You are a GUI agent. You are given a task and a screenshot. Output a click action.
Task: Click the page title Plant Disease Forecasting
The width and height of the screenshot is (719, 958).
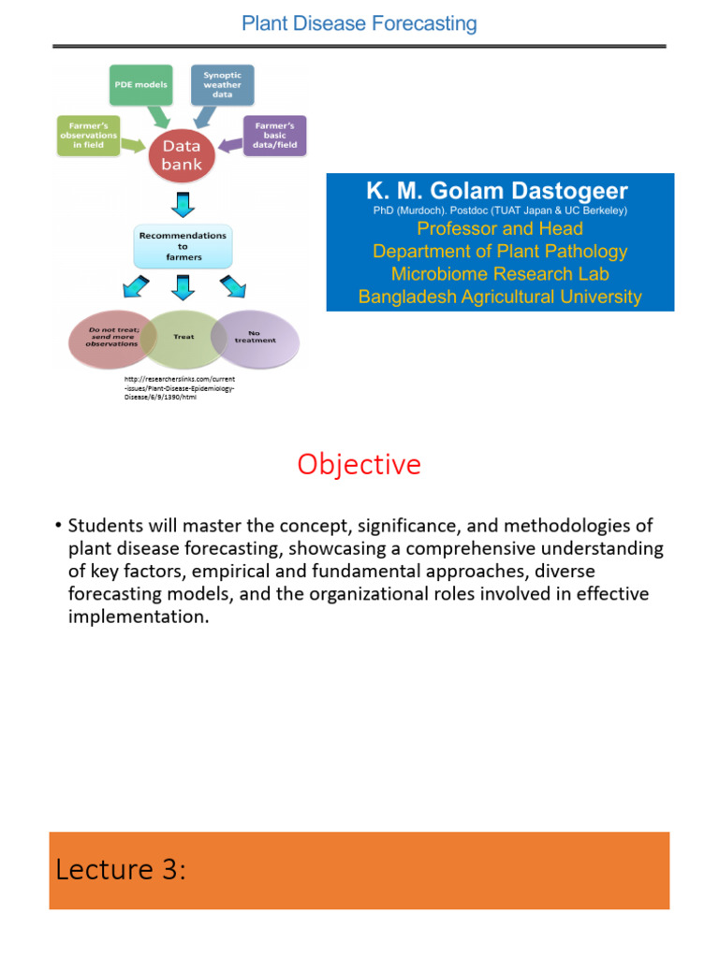[359, 23]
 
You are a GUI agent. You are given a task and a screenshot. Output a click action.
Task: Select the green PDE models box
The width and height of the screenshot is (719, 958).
[142, 84]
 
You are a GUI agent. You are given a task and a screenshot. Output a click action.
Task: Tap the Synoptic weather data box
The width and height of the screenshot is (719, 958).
[222, 83]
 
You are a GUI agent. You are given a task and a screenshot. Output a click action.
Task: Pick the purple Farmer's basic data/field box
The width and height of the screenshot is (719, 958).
[274, 135]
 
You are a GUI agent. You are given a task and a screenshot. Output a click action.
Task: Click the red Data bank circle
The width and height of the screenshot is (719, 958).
[183, 155]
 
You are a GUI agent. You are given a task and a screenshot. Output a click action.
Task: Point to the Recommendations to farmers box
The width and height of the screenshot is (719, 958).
[183, 246]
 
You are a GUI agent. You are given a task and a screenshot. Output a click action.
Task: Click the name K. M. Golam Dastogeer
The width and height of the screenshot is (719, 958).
[497, 192]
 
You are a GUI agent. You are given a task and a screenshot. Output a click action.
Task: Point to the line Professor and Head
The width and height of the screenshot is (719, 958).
[500, 229]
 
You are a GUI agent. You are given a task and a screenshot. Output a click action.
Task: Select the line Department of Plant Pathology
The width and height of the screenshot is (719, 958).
[500, 252]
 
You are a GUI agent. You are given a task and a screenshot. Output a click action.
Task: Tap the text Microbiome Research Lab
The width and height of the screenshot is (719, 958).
[500, 274]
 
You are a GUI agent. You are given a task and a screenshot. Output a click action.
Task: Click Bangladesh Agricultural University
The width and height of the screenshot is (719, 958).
[500, 298]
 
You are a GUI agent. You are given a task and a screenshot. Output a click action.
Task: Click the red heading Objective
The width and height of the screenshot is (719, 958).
[359, 464]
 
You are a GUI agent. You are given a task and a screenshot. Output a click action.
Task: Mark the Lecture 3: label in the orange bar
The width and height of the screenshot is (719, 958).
[121, 870]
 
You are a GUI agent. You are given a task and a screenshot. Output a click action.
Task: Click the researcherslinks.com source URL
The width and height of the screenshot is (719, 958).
[179, 387]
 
